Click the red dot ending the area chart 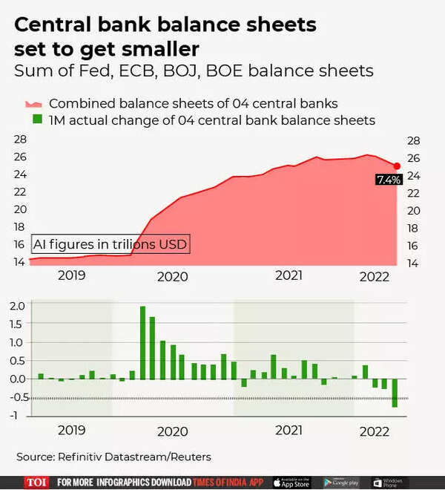[x=397, y=166]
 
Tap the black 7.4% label [x=389, y=180]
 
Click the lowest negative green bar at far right [x=395, y=393]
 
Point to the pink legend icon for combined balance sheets [x=33, y=103]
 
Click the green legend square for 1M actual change [x=33, y=120]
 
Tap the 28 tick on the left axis [x=20, y=140]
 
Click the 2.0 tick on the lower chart [x=17, y=306]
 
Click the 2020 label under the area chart [x=172, y=276]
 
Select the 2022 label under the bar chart [x=374, y=431]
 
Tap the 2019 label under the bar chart [x=71, y=431]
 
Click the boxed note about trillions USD [x=111, y=244]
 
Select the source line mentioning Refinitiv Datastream [x=113, y=457]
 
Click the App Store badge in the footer [x=292, y=482]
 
